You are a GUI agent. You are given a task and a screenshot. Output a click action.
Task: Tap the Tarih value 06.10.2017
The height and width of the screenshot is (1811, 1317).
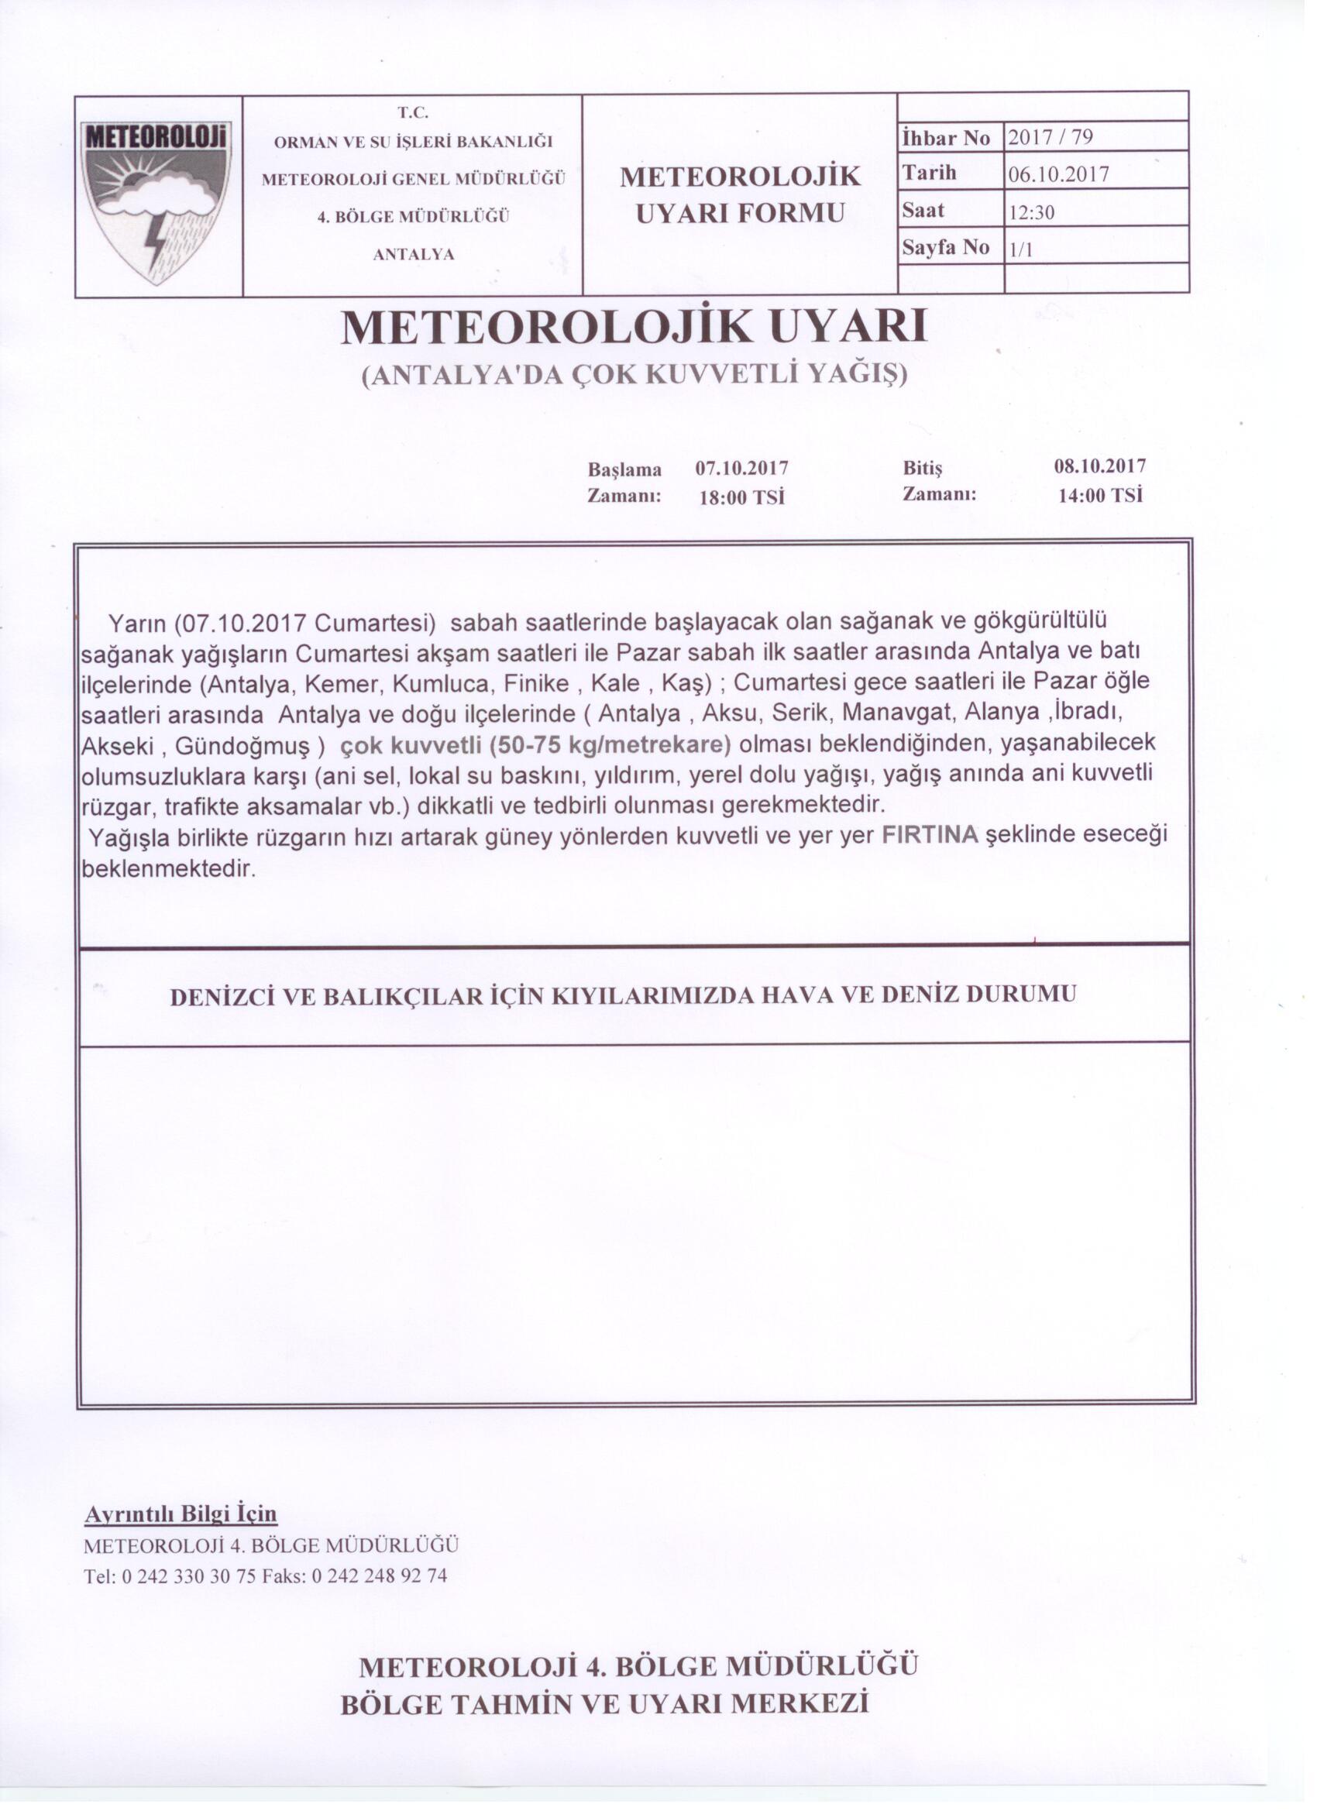[1058, 175]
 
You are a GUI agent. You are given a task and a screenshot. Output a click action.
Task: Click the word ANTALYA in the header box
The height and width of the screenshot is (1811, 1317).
[414, 255]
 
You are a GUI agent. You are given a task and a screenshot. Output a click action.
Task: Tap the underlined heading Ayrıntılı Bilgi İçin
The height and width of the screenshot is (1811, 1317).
[181, 1514]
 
